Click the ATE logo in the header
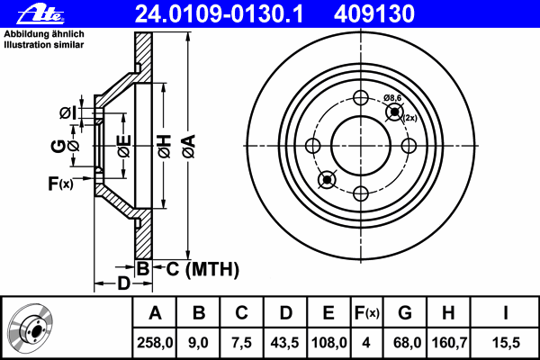(x=41, y=14)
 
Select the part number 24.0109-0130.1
(x=219, y=14)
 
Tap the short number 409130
(x=374, y=14)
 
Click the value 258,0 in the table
(x=155, y=343)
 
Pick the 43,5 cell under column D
(x=285, y=343)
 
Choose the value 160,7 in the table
(x=449, y=343)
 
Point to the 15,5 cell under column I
(x=506, y=343)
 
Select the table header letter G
(x=405, y=313)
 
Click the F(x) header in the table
(x=367, y=313)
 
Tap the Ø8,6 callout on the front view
(x=392, y=98)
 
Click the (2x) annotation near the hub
(x=409, y=118)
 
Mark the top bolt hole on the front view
(x=361, y=98)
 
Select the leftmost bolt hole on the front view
(x=312, y=146)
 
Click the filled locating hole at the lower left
(x=327, y=180)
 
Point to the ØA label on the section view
(x=188, y=146)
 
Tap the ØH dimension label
(x=165, y=146)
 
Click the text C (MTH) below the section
(x=202, y=269)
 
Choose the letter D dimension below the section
(x=123, y=283)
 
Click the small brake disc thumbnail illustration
(x=31, y=328)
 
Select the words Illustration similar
(x=44, y=45)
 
